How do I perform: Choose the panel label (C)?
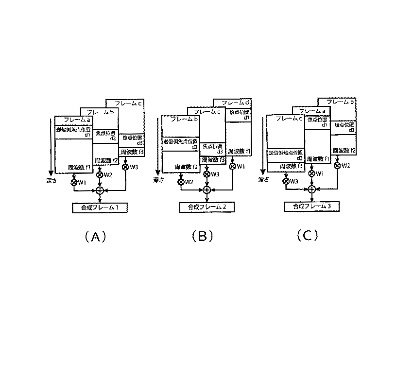coord(307,236)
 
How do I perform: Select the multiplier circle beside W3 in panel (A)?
coord(126,167)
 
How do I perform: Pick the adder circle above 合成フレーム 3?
coord(312,189)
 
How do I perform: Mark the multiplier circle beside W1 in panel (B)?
coord(232,166)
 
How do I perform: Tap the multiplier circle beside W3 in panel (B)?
coord(207,174)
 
